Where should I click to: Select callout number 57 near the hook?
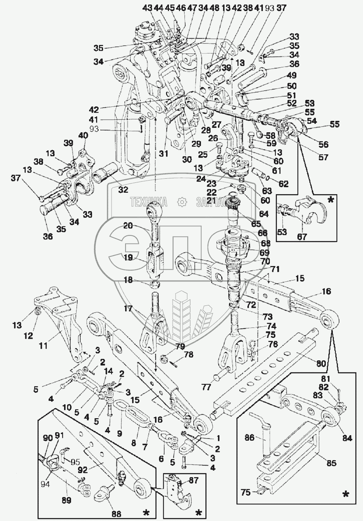tap(323, 157)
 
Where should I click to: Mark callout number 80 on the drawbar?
tap(321, 364)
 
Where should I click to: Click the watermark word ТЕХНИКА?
tap(148, 202)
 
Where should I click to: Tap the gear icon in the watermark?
tap(181, 202)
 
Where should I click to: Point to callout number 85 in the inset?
tap(332, 463)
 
